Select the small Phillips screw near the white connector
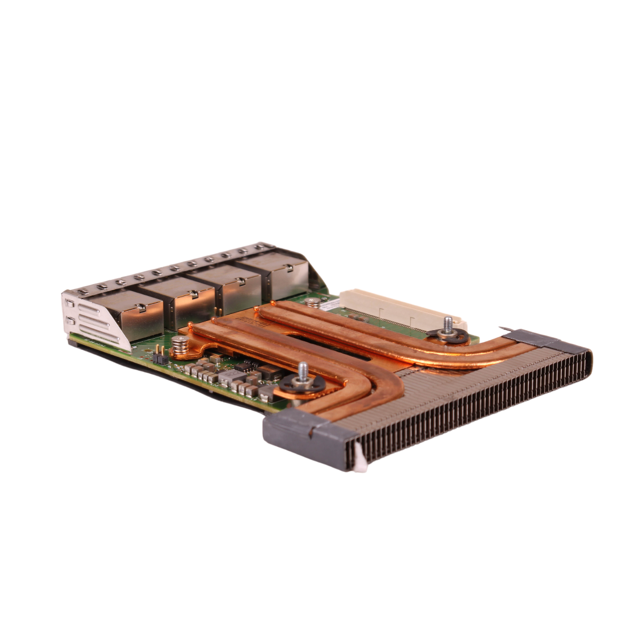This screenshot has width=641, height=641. click(x=315, y=302)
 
